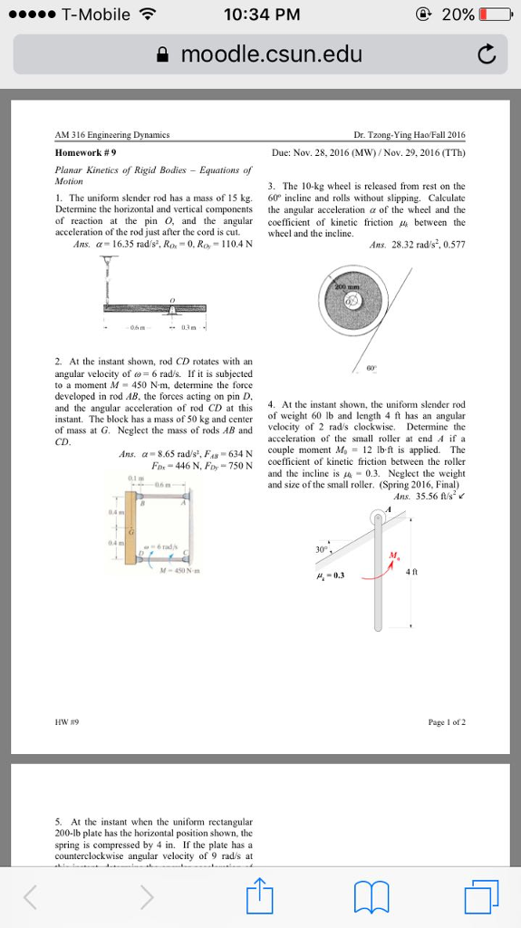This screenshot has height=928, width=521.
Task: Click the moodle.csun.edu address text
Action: click(271, 55)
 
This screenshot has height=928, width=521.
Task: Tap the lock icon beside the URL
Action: click(165, 55)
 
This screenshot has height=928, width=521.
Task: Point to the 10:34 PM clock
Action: click(259, 14)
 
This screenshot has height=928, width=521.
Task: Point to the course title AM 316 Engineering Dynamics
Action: click(113, 134)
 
